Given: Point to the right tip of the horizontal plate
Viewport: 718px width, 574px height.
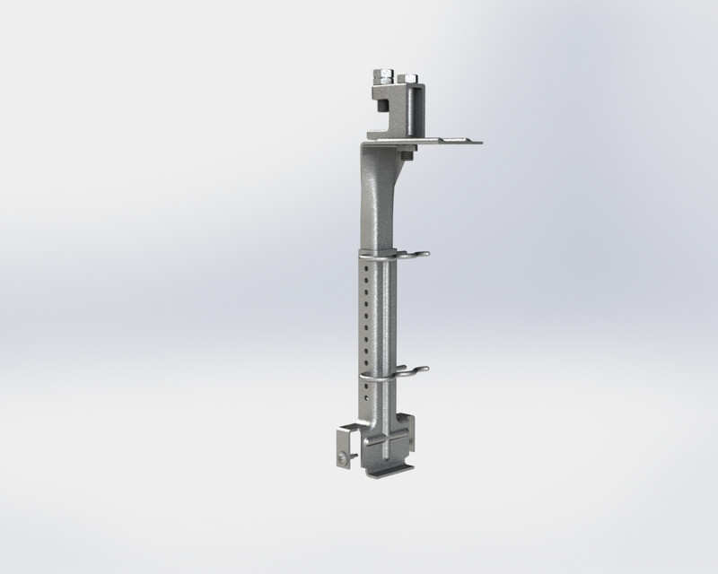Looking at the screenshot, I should (x=480, y=143).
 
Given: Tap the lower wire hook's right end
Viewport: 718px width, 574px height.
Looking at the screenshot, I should (x=426, y=369).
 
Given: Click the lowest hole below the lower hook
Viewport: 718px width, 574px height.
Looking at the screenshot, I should (x=366, y=398).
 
